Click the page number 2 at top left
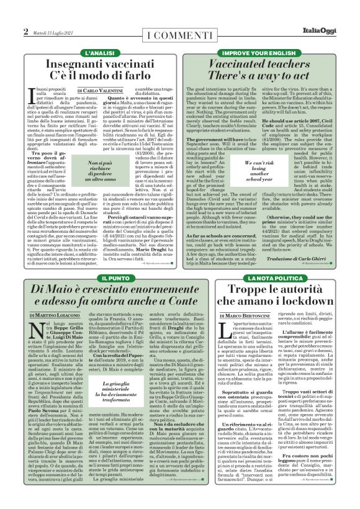click(x=26, y=31)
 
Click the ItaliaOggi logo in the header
click(x=321, y=31)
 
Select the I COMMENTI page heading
click(x=179, y=32)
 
